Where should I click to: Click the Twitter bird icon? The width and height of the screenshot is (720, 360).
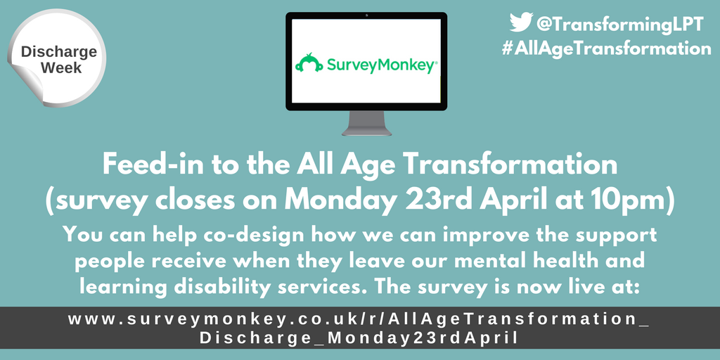pyautogui.click(x=521, y=23)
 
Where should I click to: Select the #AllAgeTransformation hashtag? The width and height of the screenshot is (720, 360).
pyautogui.click(x=605, y=49)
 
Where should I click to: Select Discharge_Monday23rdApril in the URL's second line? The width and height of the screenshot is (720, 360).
pyautogui.click(x=359, y=337)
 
